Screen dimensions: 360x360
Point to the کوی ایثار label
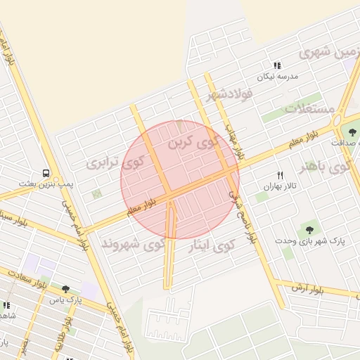[212, 245]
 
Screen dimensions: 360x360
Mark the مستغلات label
[310, 108]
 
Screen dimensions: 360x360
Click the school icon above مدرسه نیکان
[277, 65]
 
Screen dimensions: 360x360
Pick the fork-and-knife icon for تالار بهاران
[281, 175]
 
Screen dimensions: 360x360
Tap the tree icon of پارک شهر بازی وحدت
[309, 229]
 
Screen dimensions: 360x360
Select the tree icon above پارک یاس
[65, 288]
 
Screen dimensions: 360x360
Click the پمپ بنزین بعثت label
[46, 184]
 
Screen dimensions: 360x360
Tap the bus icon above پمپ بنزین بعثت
[46, 172]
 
